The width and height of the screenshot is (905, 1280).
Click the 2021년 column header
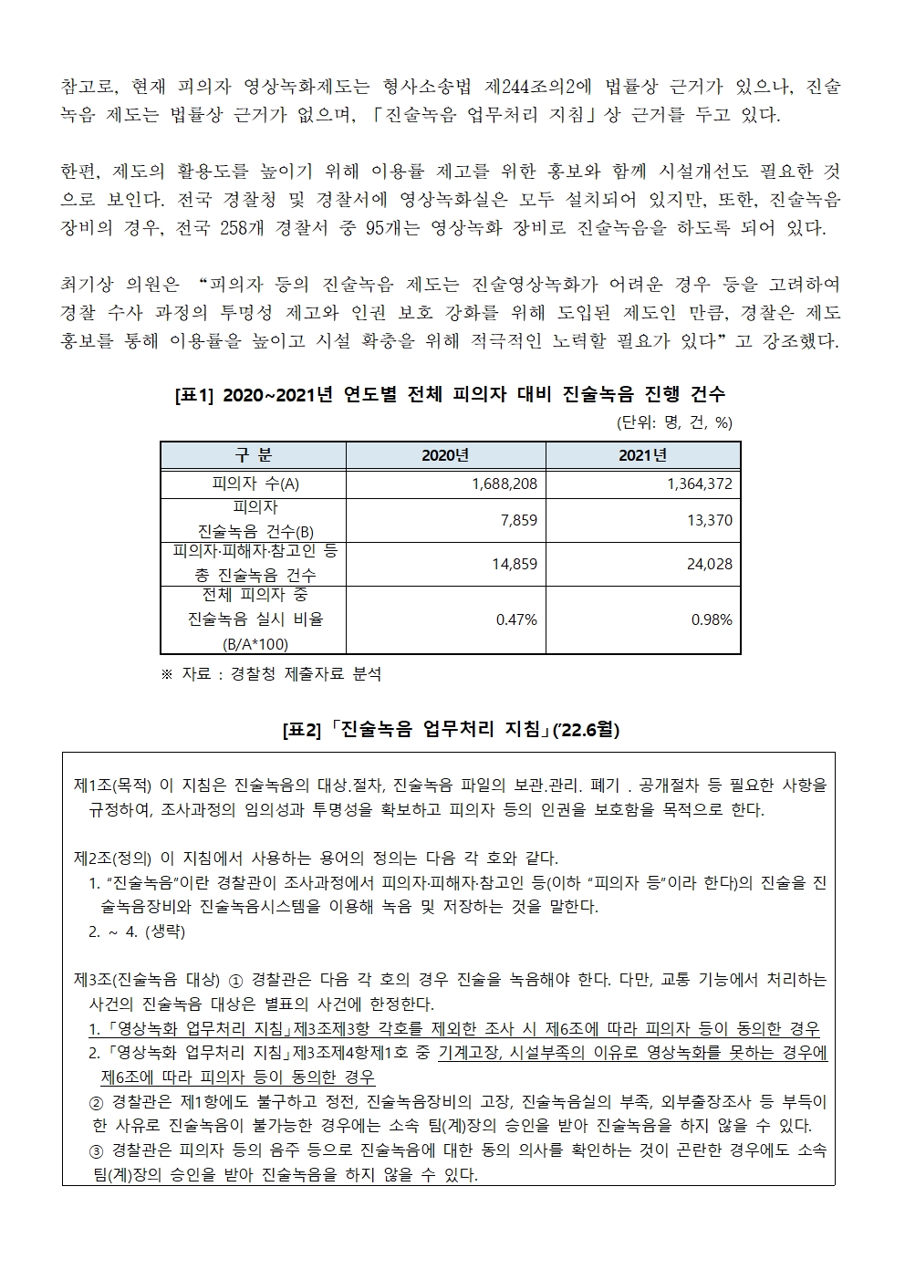643,455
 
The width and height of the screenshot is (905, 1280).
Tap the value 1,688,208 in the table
505,484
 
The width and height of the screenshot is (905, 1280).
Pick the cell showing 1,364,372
700,484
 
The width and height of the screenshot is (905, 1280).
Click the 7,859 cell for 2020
519,520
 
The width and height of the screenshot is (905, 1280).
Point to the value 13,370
710,520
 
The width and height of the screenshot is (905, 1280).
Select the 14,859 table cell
515,564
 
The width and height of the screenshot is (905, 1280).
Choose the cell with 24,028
710,564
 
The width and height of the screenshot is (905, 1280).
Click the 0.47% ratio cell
516,619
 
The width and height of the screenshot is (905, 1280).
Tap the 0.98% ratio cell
712,619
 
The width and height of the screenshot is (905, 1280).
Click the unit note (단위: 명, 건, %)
674,422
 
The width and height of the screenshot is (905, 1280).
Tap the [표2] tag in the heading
303,730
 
